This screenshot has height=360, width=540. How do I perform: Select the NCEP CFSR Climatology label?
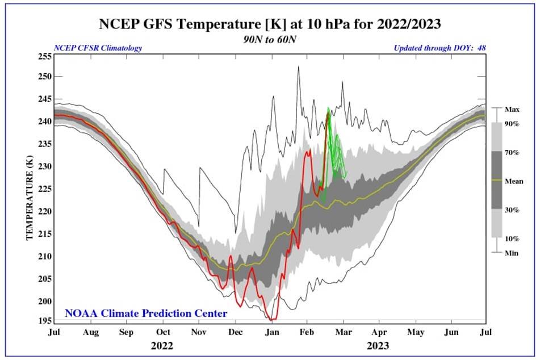pyautogui.click(x=98, y=48)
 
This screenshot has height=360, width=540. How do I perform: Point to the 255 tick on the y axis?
pyautogui.click(x=45, y=57)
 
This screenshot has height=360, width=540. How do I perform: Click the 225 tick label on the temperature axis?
pyautogui.click(x=45, y=189)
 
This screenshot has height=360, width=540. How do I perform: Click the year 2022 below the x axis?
pyautogui.click(x=162, y=345)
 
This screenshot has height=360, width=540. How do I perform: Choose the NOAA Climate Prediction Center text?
pyautogui.click(x=146, y=313)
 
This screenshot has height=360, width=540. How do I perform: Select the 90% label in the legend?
pyautogui.click(x=512, y=124)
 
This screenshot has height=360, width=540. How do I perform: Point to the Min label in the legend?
pyautogui.click(x=511, y=253)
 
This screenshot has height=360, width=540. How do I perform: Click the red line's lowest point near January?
pyautogui.click(x=272, y=320)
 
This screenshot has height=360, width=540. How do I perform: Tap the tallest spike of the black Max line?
pyautogui.click(x=298, y=67)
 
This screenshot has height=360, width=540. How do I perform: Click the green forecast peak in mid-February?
pyautogui.click(x=328, y=107)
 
